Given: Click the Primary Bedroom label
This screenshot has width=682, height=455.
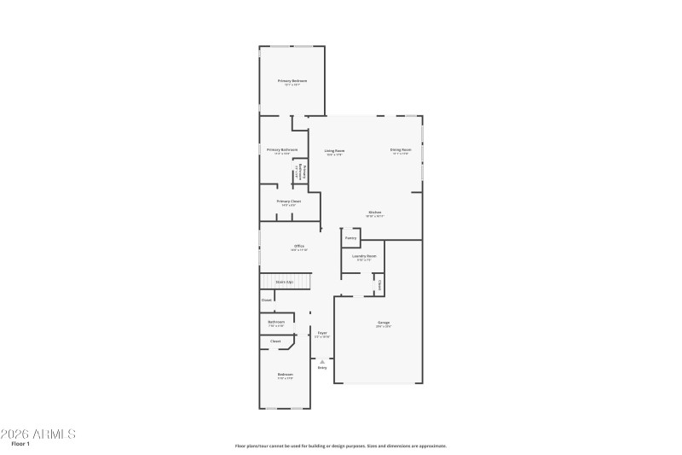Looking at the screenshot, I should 292,81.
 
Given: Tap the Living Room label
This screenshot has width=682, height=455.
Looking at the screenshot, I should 334,150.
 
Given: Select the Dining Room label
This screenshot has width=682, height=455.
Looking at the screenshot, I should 401,150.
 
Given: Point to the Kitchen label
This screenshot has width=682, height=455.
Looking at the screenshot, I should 374,213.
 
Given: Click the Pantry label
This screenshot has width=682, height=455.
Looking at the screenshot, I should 350,238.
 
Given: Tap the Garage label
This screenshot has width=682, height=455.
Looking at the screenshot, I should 384,323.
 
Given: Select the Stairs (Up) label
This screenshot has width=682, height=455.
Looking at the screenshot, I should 284,281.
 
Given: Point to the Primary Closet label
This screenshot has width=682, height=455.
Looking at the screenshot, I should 288,201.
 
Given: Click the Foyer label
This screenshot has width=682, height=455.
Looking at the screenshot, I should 322,333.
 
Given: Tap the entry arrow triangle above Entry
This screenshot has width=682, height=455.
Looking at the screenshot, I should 322,361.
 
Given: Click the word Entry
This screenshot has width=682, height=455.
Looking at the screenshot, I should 322,367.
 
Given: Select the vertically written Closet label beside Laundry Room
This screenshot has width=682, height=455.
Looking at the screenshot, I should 379,284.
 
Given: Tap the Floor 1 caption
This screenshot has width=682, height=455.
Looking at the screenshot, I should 20,444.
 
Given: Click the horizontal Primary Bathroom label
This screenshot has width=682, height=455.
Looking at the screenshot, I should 281,149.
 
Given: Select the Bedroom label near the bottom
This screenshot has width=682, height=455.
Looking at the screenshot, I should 285,374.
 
